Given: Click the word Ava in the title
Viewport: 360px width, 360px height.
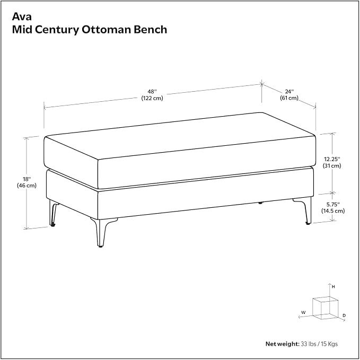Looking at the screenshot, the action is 22,16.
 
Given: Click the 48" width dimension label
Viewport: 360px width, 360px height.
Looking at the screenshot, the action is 152,91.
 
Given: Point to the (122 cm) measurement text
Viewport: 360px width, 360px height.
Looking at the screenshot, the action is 152,98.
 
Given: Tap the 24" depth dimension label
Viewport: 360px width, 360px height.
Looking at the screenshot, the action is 289,92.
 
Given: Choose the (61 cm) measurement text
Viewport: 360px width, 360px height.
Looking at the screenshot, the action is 289,98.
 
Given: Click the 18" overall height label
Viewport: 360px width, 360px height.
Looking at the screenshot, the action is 27,179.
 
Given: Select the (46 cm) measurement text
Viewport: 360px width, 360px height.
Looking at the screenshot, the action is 27,186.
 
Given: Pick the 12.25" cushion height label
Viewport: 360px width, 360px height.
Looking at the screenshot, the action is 332,159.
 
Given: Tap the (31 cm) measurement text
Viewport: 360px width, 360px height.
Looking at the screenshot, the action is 332,165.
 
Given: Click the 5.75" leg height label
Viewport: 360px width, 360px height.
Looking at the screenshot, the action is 333,204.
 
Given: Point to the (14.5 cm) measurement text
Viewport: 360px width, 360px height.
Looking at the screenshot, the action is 333,211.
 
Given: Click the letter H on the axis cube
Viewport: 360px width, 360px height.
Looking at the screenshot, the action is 333,287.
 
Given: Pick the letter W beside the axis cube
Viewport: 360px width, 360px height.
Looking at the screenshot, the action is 303,312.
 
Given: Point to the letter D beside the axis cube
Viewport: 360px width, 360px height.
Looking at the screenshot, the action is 344,315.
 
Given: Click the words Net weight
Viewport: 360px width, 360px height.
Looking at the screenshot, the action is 283,344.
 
